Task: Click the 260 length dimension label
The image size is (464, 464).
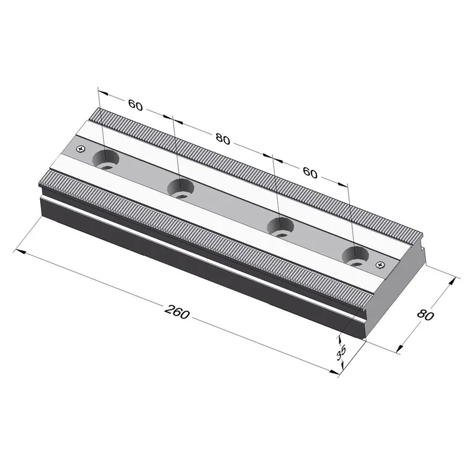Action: pyautogui.click(x=177, y=312)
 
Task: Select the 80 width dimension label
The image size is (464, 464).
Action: pyautogui.click(x=426, y=315)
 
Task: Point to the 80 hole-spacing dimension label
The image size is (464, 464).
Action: pyautogui.click(x=223, y=139)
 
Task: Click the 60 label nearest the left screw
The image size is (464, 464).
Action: pyautogui.click(x=136, y=105)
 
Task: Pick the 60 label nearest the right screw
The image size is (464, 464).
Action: pyautogui.click(x=310, y=172)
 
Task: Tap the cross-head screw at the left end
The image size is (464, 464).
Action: pyautogui.click(x=81, y=148)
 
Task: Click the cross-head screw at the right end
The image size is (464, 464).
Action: pyautogui.click(x=380, y=264)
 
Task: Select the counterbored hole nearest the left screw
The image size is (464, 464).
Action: pyautogui.click(x=106, y=160)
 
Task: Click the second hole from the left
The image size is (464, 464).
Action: pyautogui.click(x=181, y=189)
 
